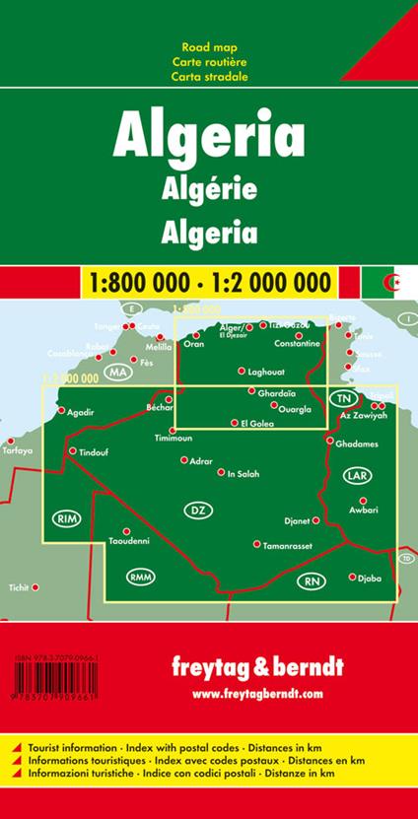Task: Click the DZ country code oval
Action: pos(195,510)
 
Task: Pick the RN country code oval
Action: pos(313,580)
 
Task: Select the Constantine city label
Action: pos(298,343)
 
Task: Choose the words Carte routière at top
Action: pos(209,61)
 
